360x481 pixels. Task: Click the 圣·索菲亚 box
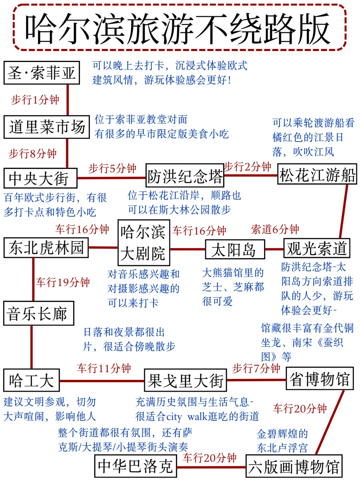coord(42,73)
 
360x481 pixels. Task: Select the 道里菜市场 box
coord(47,127)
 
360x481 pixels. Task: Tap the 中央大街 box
coord(40,178)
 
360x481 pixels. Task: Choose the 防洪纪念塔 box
coord(185,176)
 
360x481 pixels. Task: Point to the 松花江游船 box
coord(317,174)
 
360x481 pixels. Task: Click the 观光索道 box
coord(316,248)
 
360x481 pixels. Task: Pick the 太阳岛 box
coord(235,249)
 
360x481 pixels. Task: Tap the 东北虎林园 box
coord(46,248)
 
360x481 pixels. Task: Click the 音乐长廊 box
coord(38,313)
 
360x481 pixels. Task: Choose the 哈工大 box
coord(31,380)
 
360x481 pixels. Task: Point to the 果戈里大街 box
coord(185,380)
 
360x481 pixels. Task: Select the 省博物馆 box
coord(319,379)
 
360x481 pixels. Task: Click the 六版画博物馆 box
coord(294,466)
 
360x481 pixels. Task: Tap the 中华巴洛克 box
coord(135,466)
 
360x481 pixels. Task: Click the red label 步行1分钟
coord(35,99)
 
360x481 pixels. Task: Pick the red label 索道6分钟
coord(275,229)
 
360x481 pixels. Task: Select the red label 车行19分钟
coord(63,282)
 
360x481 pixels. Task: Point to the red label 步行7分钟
coord(256,368)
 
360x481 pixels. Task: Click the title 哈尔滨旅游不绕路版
coord(180,28)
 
